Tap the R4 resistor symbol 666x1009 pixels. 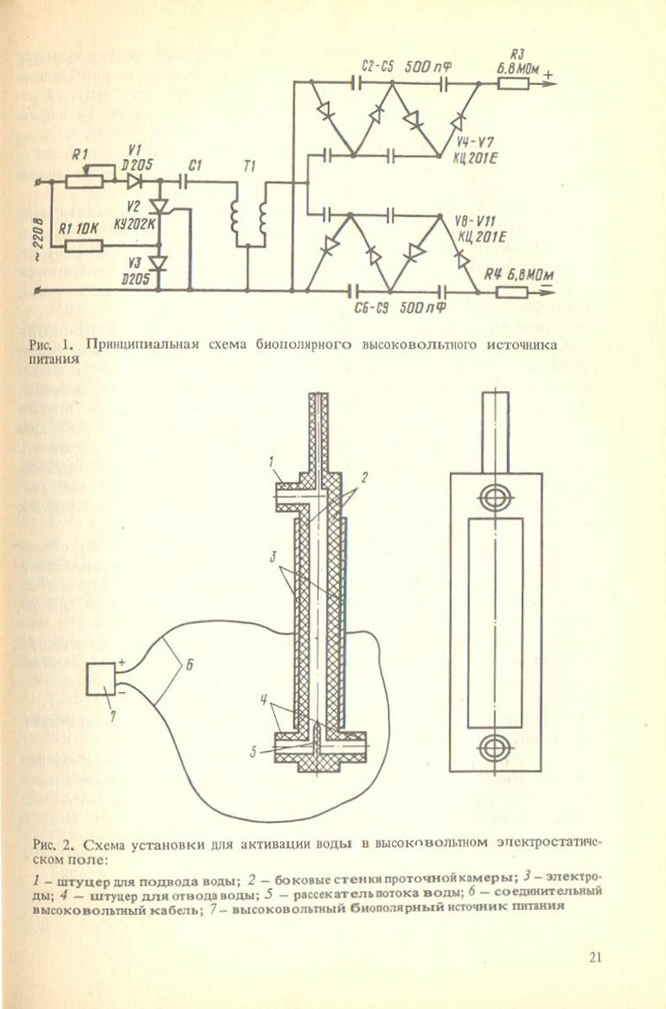(x=512, y=293)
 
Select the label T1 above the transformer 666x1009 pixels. (x=249, y=167)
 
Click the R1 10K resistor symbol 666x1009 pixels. (x=85, y=246)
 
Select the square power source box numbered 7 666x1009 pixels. (x=102, y=679)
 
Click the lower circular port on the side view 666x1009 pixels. (x=495, y=746)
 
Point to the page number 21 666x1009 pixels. (x=595, y=957)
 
